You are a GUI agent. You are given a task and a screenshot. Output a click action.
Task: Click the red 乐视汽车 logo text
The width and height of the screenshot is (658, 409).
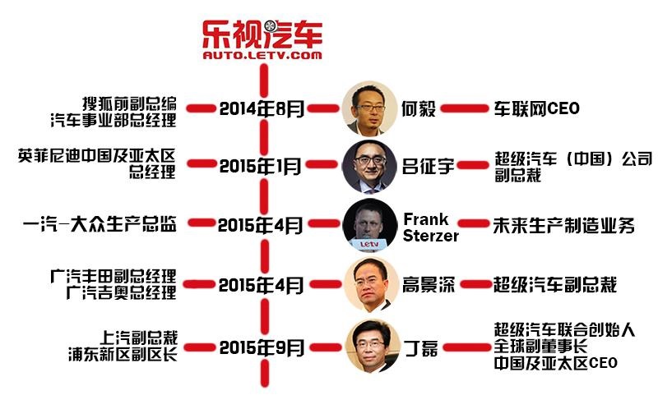[262, 34]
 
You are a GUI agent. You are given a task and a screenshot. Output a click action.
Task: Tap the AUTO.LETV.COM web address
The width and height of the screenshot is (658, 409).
[262, 55]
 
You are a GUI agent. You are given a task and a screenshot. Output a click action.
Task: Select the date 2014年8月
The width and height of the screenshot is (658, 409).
[262, 109]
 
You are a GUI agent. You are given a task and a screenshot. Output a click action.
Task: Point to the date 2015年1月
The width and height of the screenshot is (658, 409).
[261, 166]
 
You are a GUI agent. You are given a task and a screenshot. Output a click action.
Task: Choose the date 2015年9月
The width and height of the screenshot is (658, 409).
[262, 348]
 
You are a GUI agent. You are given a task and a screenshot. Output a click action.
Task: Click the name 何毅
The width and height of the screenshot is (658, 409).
[419, 109]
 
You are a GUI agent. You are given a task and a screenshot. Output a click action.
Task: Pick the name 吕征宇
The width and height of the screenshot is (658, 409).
[428, 166]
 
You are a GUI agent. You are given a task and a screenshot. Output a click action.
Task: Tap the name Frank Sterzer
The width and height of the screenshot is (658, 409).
[430, 227]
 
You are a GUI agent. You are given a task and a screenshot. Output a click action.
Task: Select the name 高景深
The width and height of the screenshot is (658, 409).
[429, 284]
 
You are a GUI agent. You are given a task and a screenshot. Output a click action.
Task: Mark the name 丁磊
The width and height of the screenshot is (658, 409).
[421, 348]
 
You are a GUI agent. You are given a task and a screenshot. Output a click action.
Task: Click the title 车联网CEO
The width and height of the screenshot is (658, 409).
[536, 108]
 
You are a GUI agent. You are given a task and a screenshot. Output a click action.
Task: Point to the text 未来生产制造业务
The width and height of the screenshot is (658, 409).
[563, 226]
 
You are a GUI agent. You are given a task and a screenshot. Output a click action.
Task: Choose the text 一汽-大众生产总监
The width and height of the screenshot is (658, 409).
[100, 224]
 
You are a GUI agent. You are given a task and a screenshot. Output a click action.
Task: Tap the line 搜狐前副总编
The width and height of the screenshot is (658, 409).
[129, 103]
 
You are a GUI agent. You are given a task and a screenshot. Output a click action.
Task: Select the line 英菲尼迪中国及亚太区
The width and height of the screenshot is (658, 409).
[96, 155]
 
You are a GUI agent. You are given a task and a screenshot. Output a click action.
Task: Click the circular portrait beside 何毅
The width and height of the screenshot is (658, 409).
[369, 108]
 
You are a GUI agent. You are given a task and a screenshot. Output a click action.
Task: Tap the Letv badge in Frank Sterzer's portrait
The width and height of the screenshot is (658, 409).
[369, 244]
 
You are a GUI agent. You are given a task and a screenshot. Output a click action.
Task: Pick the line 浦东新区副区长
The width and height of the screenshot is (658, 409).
[123, 354]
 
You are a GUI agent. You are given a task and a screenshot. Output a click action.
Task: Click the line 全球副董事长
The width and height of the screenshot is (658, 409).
[540, 347]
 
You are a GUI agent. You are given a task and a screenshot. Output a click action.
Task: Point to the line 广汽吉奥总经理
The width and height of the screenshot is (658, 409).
[121, 292]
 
